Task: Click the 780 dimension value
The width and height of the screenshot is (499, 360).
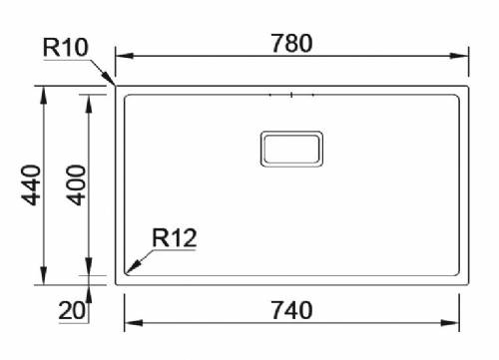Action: tap(291, 43)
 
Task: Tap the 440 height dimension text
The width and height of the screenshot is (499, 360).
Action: tap(29, 185)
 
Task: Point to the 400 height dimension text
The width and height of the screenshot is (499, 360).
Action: tap(75, 185)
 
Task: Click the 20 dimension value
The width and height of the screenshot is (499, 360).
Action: tap(71, 311)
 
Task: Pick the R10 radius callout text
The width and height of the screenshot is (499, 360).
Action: tap(64, 47)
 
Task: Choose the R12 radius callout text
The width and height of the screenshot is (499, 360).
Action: tap(174, 238)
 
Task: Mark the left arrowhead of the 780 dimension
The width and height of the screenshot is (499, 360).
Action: tap(121, 56)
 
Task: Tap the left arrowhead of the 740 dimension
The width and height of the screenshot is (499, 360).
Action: tap(129, 322)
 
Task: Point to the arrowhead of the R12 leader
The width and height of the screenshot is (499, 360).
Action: tap(129, 268)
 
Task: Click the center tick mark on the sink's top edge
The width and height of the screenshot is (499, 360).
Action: tap(290, 96)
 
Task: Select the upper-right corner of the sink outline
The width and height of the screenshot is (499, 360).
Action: tap(467, 87)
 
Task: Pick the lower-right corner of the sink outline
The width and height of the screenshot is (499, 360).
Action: tap(467, 282)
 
